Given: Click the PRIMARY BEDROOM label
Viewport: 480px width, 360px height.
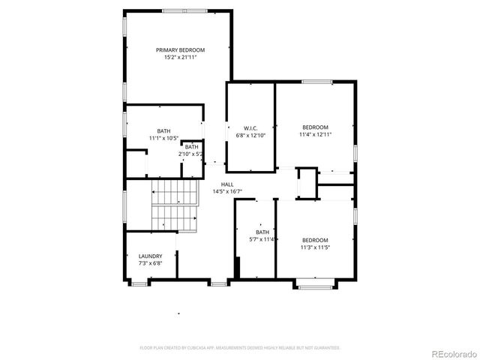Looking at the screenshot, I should coord(180,50).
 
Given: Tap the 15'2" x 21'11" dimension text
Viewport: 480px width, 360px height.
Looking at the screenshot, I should coord(180,58).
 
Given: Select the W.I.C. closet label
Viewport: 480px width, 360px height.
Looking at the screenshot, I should coord(251,128).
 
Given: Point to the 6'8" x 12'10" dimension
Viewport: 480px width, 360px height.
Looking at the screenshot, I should coord(251,136).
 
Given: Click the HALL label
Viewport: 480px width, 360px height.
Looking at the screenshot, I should coord(227,184).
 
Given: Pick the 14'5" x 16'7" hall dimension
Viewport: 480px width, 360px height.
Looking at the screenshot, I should coord(227,192).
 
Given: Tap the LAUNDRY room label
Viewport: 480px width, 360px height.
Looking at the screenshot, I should coord(150,256).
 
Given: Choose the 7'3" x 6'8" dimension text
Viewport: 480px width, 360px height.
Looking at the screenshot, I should coord(150,263).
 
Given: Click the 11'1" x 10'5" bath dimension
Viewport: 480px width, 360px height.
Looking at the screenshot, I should coord(163,138).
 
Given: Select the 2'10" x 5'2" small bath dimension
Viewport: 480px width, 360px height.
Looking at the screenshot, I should coord(191,154).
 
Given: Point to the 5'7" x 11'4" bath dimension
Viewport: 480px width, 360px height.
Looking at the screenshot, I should coord(262,240).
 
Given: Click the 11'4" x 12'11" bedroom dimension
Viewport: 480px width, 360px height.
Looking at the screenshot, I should coord(316,134).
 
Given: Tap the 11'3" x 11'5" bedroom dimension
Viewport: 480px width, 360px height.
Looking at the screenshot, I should coord(316,247).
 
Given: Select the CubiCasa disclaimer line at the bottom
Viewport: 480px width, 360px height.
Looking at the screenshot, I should coord(240,348).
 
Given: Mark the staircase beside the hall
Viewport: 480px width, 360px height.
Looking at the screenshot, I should coord(175,204).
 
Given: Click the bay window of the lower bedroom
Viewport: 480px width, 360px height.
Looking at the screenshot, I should coord(316,284).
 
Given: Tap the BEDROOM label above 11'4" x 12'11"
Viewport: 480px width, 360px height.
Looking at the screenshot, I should coord(316,127).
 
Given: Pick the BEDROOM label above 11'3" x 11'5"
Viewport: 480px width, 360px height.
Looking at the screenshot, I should coord(316,240).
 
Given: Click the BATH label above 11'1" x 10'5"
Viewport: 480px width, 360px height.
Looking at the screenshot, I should coord(163,130).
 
